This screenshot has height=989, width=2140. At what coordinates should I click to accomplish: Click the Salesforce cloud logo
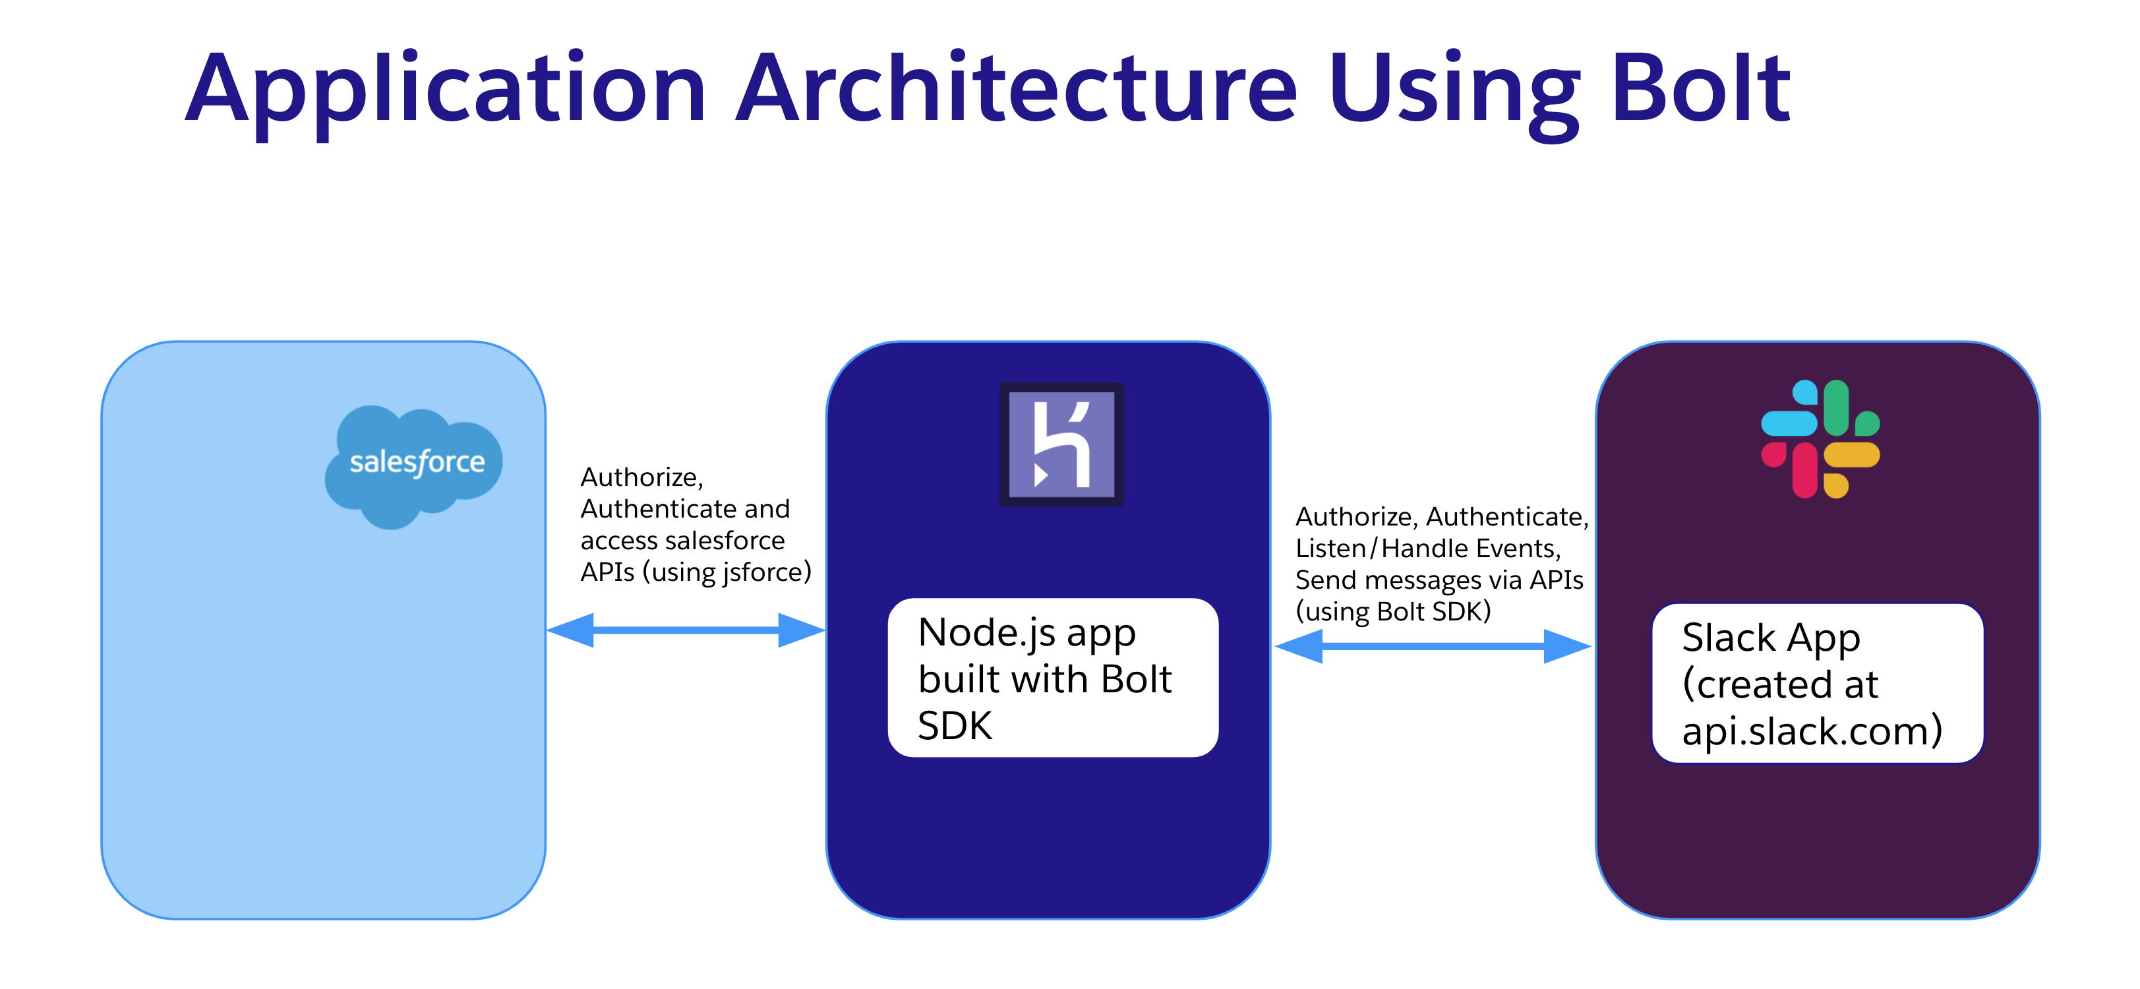point(414,464)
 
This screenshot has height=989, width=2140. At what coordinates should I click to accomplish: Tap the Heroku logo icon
point(1061,444)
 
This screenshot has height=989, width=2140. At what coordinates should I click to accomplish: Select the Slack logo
point(1820,439)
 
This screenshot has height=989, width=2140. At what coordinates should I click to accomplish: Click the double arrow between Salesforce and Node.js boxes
point(686,630)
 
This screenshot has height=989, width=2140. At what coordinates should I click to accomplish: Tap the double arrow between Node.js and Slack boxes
point(1432,645)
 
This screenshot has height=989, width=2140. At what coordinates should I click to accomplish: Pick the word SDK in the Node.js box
point(955,725)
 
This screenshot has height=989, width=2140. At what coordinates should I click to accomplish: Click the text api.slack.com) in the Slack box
point(1812,731)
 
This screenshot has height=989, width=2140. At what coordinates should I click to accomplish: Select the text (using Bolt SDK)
point(1393,612)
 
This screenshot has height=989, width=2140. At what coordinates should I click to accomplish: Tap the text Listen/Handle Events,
point(1428,549)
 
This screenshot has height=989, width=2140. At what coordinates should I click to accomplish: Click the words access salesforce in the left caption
point(682,540)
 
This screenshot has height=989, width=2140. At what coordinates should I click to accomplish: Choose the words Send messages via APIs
point(1439,580)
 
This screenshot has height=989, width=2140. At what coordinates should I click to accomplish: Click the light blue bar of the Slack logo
point(1789,423)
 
